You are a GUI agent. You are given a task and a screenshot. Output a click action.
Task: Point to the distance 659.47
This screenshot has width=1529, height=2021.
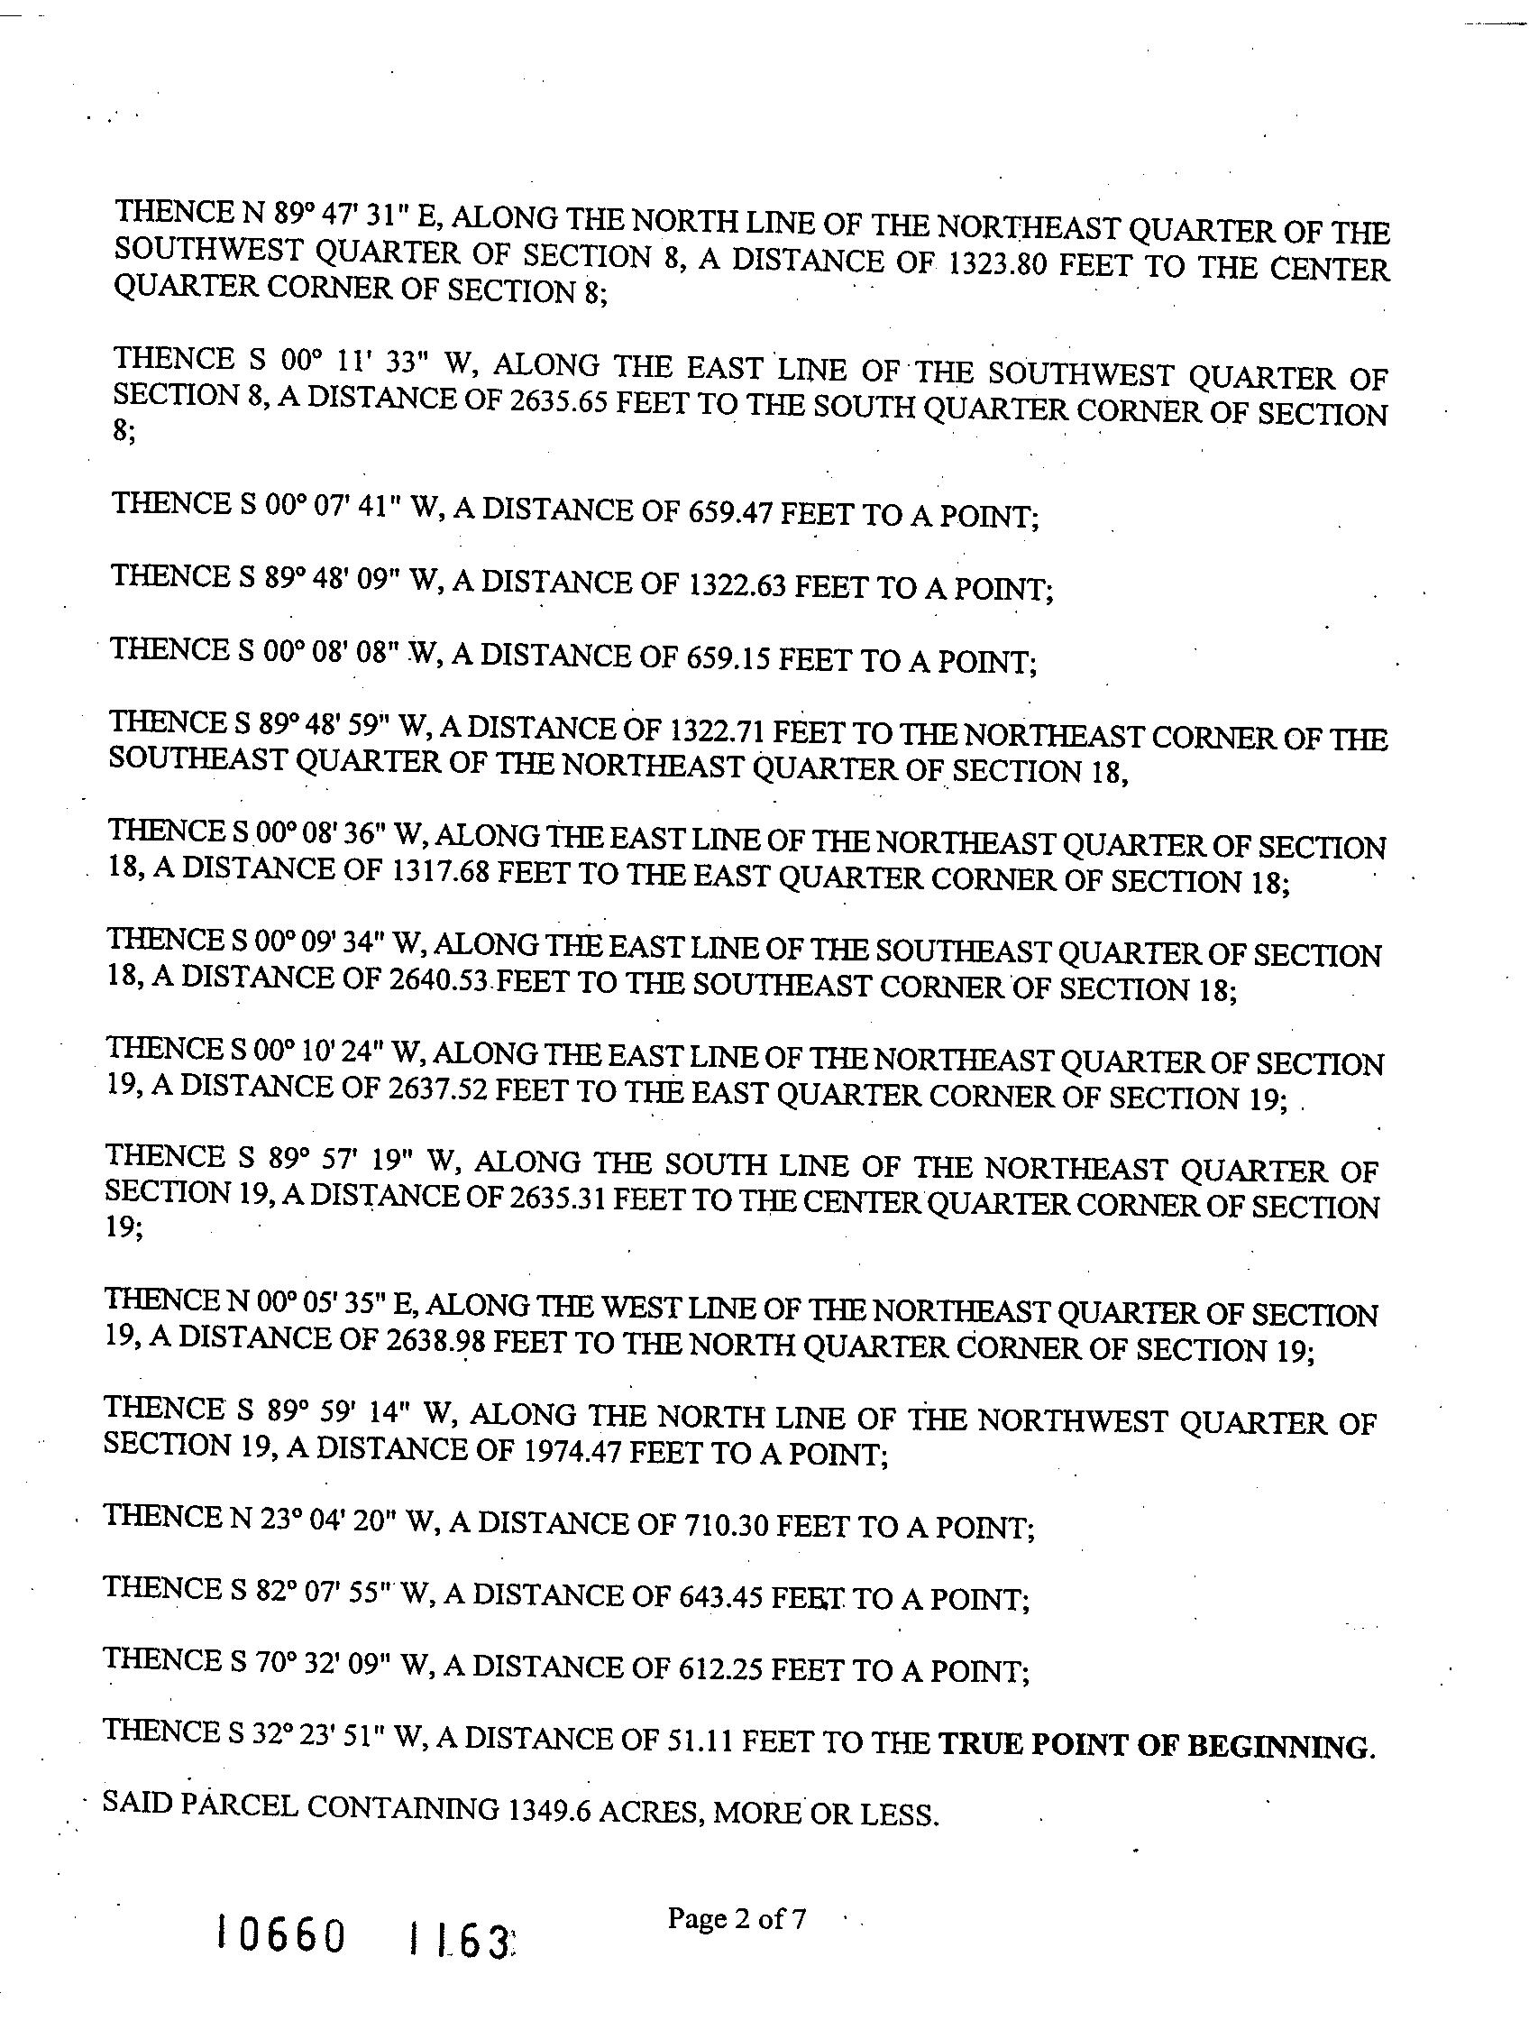[727, 512]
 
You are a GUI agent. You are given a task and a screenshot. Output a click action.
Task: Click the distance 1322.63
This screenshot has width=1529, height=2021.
[735, 584]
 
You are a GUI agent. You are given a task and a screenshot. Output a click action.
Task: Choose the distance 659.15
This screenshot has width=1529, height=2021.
[726, 657]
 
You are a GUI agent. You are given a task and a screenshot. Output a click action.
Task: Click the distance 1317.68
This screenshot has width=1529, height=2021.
[440, 870]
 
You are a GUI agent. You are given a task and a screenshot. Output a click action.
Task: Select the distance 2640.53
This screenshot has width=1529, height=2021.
[438, 980]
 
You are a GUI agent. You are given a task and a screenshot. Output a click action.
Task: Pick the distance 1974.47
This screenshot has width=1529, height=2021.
[572, 1450]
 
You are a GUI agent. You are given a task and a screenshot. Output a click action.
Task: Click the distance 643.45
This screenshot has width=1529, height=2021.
[720, 1595]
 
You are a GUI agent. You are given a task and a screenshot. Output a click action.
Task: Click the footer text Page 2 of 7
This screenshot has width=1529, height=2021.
[737, 1918]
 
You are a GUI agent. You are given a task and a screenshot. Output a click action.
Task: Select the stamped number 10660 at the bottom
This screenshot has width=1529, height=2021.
[281, 1935]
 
